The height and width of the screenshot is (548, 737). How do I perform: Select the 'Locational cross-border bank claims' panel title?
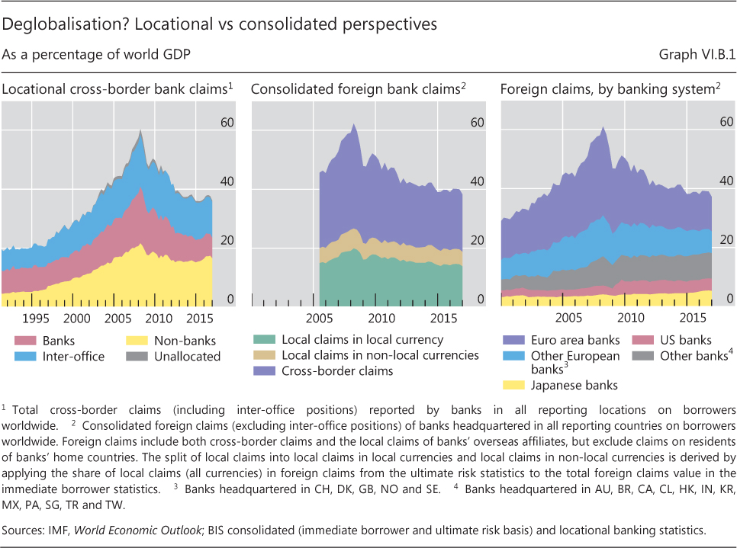pyautogui.click(x=114, y=90)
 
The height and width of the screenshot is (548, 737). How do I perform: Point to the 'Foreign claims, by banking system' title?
pyautogui.click(x=607, y=90)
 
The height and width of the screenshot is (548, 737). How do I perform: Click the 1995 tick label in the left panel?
pyautogui.click(x=36, y=317)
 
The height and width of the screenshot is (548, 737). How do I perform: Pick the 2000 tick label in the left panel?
pyautogui.click(x=77, y=317)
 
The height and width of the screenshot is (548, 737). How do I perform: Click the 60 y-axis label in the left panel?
pyautogui.click(x=226, y=123)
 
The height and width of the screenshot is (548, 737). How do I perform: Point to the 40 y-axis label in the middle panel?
pyautogui.click(x=476, y=181)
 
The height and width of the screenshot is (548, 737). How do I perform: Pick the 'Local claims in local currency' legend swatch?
pyautogui.click(x=266, y=340)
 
